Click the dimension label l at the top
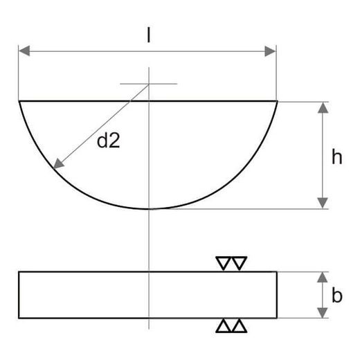point(149,36)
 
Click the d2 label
point(108,141)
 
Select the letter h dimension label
point(336,156)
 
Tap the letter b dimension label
point(336,295)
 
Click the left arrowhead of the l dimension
point(24,51)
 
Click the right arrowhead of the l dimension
point(270,51)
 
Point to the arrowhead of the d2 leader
point(58,164)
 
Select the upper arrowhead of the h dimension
point(323,108)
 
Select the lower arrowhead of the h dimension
point(323,203)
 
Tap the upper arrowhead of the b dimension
point(323,278)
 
